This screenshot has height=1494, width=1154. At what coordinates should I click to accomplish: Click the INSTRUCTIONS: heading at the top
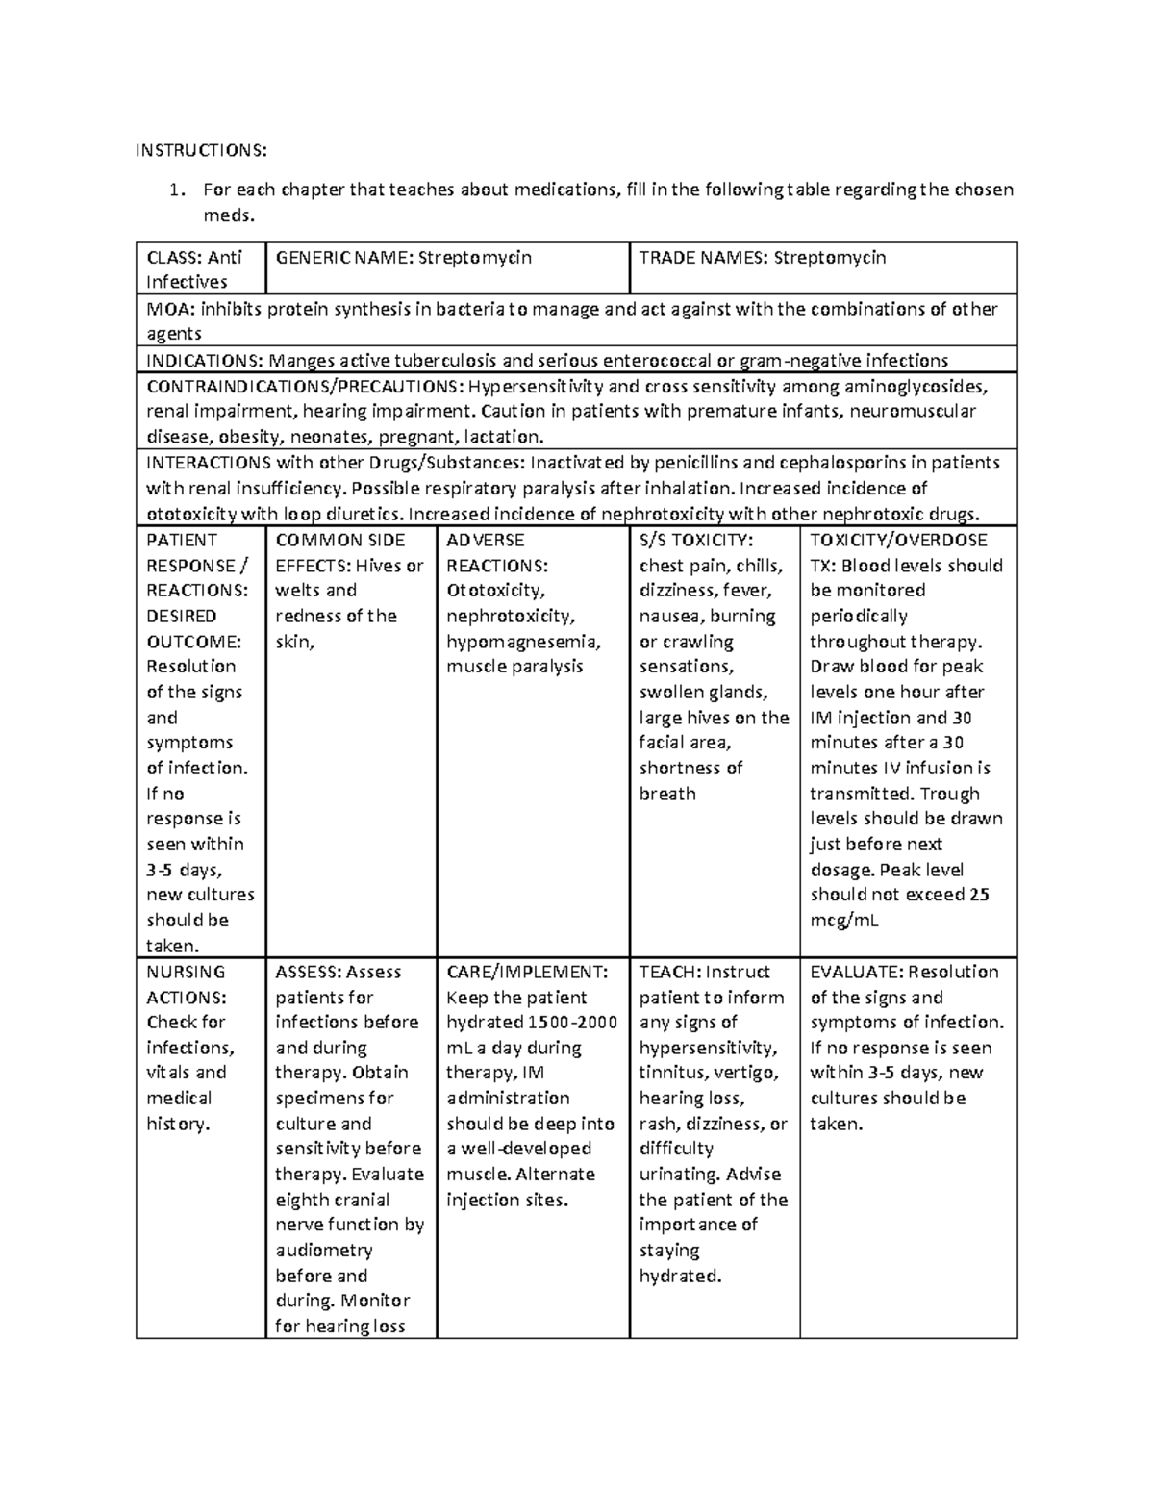click(x=200, y=150)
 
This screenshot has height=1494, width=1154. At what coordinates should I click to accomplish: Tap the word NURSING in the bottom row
click(x=186, y=972)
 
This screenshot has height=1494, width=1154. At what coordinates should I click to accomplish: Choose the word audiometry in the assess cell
click(x=324, y=1250)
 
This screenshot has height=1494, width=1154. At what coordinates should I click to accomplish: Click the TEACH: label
click(x=670, y=972)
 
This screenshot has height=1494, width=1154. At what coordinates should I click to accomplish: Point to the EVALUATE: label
click(x=856, y=972)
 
